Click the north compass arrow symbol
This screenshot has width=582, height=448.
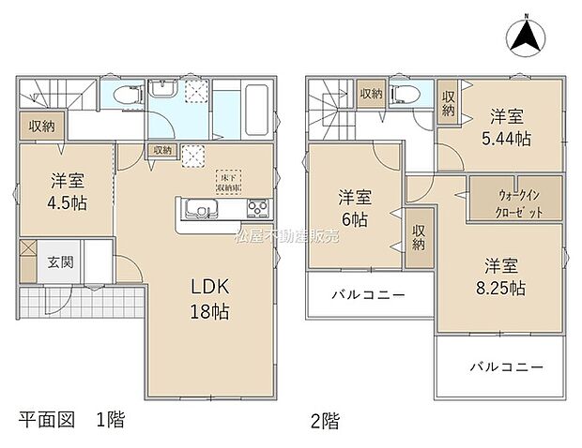[x=527, y=37]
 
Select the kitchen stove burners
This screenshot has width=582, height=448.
[x=257, y=208]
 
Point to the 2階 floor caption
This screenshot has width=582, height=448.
[x=324, y=419]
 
